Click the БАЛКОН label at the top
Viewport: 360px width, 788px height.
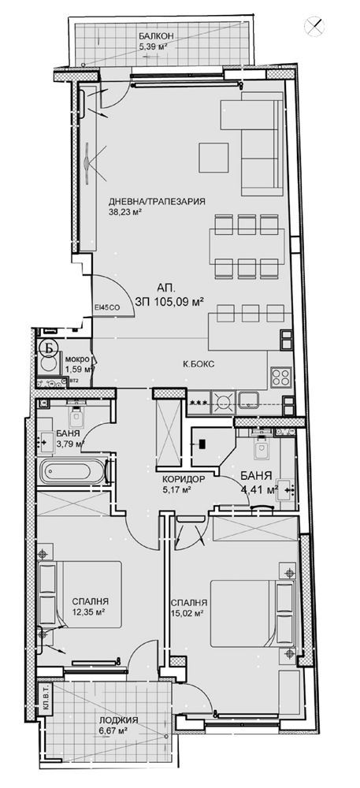point(153,36)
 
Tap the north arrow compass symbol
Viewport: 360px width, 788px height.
point(315,25)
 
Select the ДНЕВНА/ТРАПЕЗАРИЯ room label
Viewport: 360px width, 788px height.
point(157,201)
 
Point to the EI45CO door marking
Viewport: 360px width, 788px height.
point(106,307)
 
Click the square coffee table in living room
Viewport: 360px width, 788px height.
point(213,156)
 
